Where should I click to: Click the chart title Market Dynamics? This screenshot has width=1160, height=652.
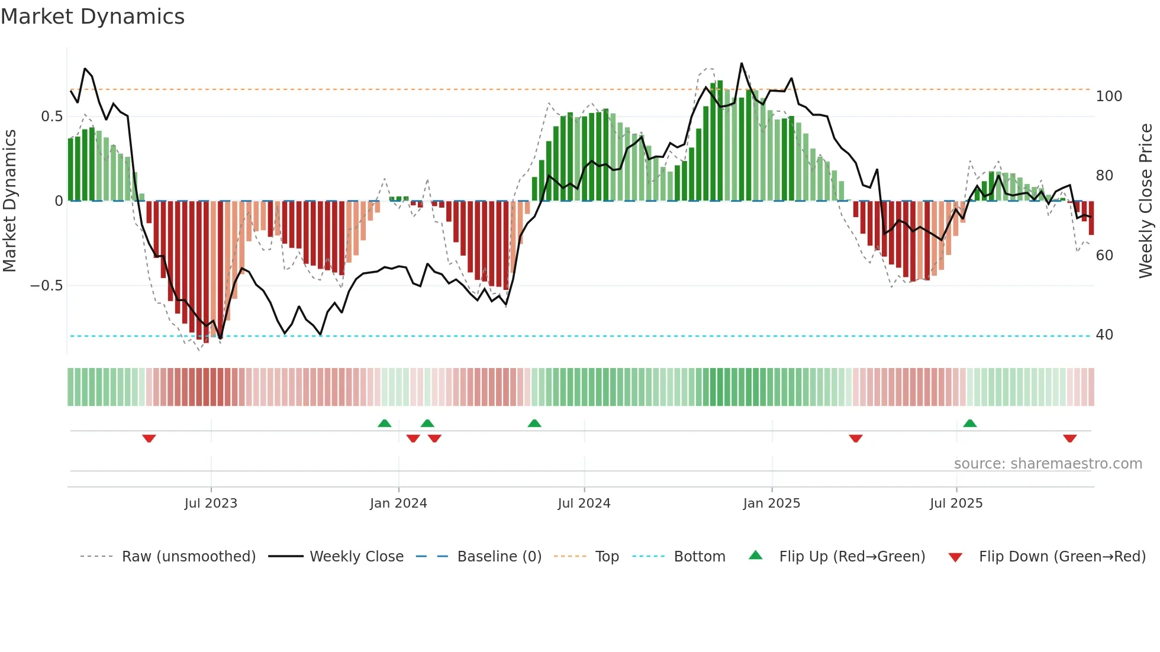coord(92,17)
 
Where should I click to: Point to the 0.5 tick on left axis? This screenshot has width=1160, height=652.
coord(51,117)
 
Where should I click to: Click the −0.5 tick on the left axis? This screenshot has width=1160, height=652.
coord(47,286)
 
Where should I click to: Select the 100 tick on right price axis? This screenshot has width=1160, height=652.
coord(1109,96)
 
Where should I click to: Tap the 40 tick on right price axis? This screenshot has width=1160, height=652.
coord(1104,335)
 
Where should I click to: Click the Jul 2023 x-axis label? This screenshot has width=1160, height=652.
coord(211,503)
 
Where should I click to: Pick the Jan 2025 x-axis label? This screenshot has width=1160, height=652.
coord(771,503)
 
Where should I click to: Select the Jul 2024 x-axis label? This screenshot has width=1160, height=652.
coord(584,503)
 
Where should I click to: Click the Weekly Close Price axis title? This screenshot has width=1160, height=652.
coord(1146,201)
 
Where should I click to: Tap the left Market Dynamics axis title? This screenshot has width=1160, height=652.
coord(9,201)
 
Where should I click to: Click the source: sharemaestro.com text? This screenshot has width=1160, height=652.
coord(1048,464)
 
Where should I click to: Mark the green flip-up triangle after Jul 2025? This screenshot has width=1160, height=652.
coord(969,423)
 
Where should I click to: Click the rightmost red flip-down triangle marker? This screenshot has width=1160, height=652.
coord(1069,438)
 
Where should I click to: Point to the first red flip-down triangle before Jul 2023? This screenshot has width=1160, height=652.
coord(149,438)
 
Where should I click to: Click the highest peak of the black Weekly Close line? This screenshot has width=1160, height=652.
coord(742,63)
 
